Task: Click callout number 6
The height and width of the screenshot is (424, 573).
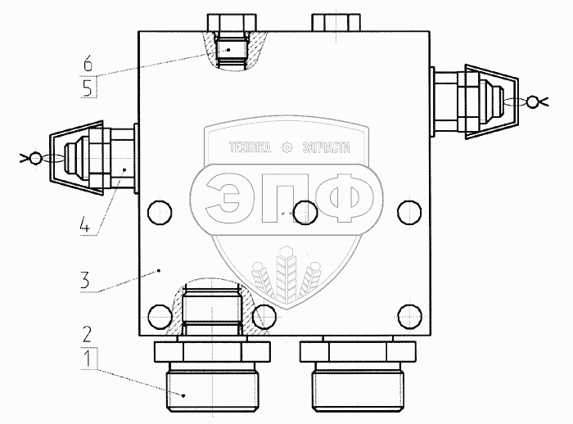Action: pos(88,65)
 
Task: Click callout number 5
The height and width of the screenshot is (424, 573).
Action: pos(88,88)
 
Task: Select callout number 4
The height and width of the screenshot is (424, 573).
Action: pos(84,224)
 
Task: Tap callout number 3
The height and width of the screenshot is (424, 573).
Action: pos(84,281)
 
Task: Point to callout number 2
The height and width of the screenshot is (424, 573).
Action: pos(87,334)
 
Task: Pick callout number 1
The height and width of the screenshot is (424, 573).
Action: pos(88,359)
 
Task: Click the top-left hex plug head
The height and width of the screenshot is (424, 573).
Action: pos(232,23)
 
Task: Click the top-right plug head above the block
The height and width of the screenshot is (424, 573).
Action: pos(336,23)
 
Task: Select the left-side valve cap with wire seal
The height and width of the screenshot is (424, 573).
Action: pos(77,158)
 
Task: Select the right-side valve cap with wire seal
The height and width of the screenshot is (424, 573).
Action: pos(491,101)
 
